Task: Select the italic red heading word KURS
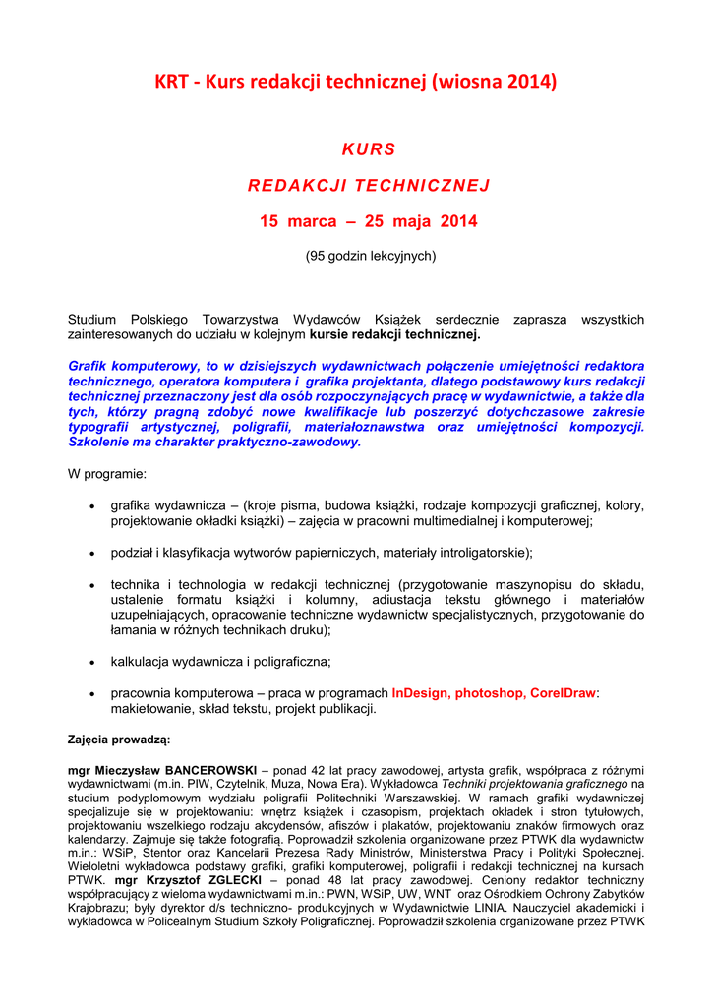[x=368, y=149]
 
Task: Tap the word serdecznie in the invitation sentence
[x=469, y=320]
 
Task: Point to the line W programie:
[x=106, y=474]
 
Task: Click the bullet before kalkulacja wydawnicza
[x=91, y=662]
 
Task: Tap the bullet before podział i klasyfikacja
[x=91, y=553]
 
